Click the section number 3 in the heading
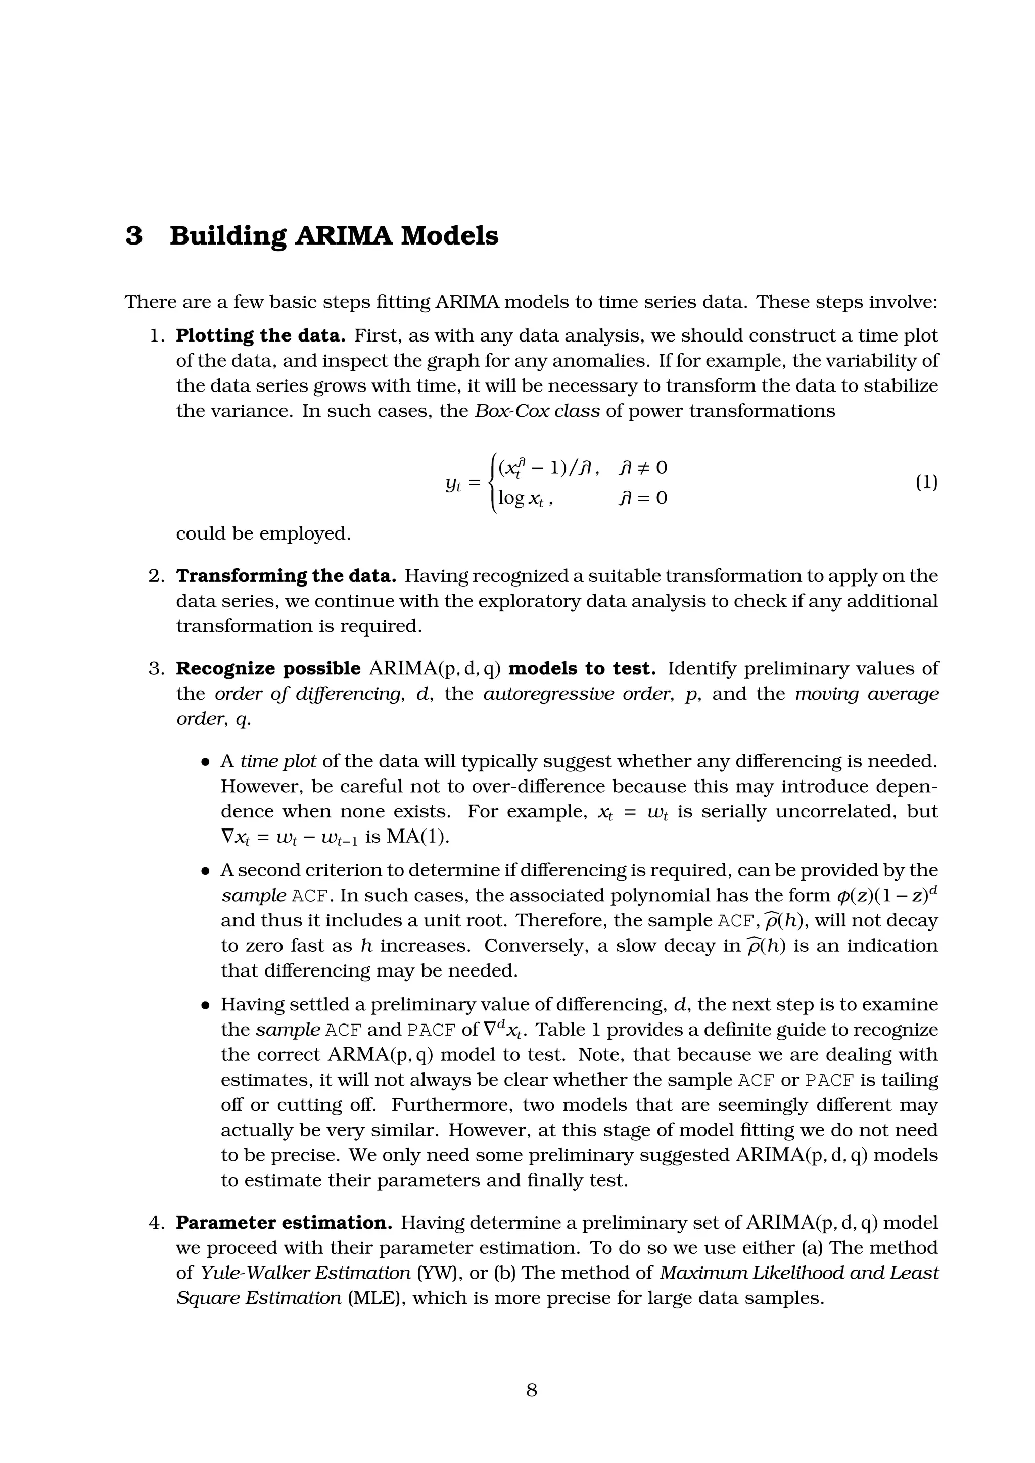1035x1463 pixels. click(134, 236)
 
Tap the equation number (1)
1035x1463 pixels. click(926, 482)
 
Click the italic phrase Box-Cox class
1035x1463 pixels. click(537, 411)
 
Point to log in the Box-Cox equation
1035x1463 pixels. click(511, 498)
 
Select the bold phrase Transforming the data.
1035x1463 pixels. click(286, 576)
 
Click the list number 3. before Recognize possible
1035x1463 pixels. click(157, 669)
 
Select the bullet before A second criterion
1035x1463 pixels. click(205, 871)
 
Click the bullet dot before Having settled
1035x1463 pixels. click(205, 1005)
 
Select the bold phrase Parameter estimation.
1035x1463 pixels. click(284, 1224)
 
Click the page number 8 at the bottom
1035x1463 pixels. click(532, 1391)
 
